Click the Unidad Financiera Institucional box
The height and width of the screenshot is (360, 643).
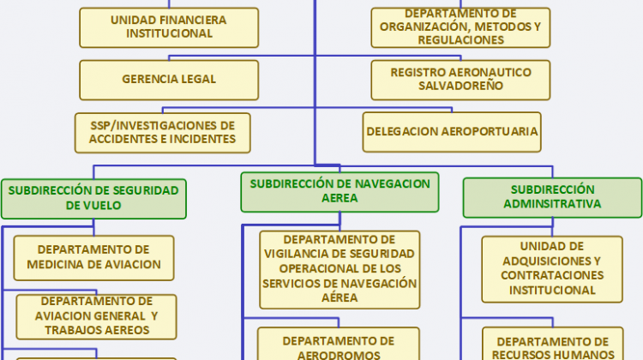[169, 27]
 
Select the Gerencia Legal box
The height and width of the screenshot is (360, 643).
[169, 80]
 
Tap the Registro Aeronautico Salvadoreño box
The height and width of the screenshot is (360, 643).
[460, 80]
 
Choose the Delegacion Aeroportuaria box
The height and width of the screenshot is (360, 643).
[452, 132]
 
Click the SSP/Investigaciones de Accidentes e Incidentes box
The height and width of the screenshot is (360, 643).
[163, 133]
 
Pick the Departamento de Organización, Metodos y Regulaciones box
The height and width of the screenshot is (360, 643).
[460, 27]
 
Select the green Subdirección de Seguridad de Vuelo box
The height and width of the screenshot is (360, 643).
[93, 199]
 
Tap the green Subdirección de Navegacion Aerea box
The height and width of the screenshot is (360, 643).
[340, 192]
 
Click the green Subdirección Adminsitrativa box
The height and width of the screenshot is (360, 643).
[552, 197]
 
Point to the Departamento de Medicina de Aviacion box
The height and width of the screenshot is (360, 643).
[94, 258]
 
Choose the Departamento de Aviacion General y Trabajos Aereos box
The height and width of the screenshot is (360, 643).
[96, 316]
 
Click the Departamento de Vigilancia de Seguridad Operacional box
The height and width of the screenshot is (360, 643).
[340, 270]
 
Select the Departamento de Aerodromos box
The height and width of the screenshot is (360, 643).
[339, 344]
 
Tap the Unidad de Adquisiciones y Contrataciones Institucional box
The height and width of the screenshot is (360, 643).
[552, 269]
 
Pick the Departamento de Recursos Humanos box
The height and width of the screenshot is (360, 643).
[553, 344]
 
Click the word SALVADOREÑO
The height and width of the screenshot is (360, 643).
[460, 86]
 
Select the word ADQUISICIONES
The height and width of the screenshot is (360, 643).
[552, 261]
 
